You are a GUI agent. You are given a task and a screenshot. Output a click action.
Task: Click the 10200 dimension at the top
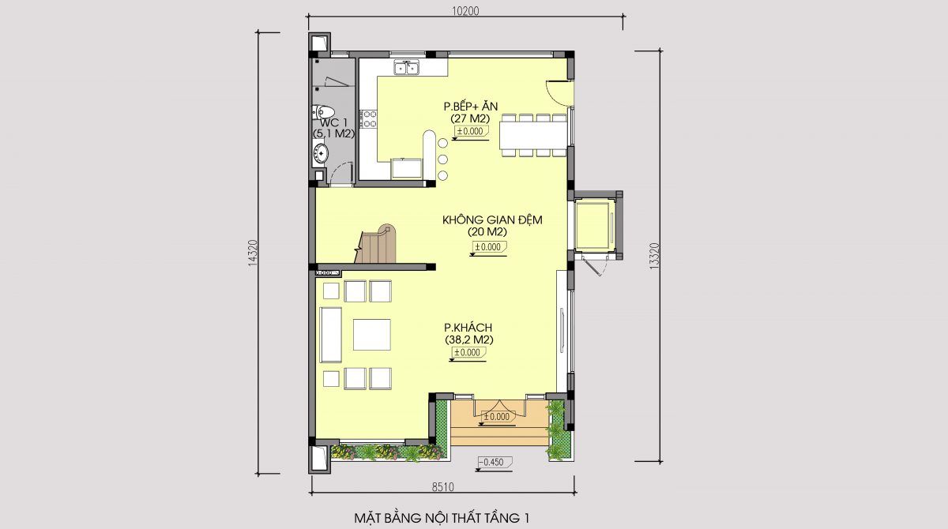[465, 11]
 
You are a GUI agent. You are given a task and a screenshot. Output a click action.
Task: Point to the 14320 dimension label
[253, 253]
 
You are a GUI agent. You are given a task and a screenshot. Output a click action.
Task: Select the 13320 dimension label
[654, 257]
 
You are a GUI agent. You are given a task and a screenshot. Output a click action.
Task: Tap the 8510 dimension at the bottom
[442, 487]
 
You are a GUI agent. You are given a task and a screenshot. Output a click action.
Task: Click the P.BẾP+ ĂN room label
[470, 106]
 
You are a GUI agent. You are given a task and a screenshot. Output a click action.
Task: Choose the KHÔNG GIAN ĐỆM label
[492, 219]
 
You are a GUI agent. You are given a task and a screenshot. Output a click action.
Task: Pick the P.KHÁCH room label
[468, 328]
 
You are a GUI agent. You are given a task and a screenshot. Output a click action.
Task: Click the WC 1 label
[333, 122]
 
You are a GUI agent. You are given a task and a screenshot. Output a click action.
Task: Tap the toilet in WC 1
[323, 112]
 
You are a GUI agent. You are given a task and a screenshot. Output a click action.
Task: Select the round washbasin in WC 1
[321, 152]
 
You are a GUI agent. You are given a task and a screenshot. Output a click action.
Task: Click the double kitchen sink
[407, 68]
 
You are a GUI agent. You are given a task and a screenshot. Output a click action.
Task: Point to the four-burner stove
[368, 118]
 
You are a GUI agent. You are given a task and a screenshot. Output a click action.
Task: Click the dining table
[532, 135]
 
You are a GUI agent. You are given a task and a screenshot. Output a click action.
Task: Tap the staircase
[376, 245]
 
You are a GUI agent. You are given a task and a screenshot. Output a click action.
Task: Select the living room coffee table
[371, 335]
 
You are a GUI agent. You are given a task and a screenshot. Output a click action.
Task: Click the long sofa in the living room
[330, 335]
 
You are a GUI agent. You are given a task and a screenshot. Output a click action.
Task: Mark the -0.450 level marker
[494, 463]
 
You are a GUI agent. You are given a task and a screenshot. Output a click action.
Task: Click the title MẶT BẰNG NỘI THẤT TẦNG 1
[442, 518]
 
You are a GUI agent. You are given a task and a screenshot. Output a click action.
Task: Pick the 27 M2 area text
[470, 118]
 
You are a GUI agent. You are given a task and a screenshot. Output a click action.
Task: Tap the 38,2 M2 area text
[469, 340]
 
